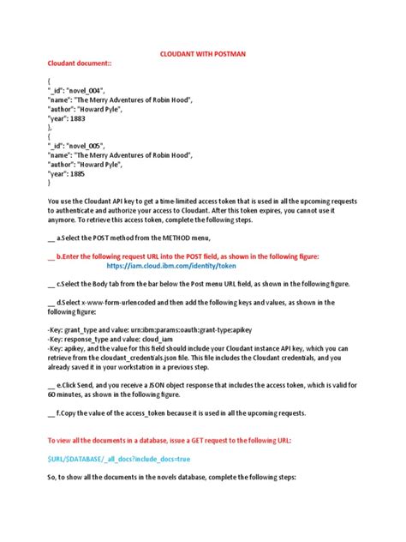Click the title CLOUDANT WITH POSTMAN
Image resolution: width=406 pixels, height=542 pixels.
pyautogui.click(x=202, y=53)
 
